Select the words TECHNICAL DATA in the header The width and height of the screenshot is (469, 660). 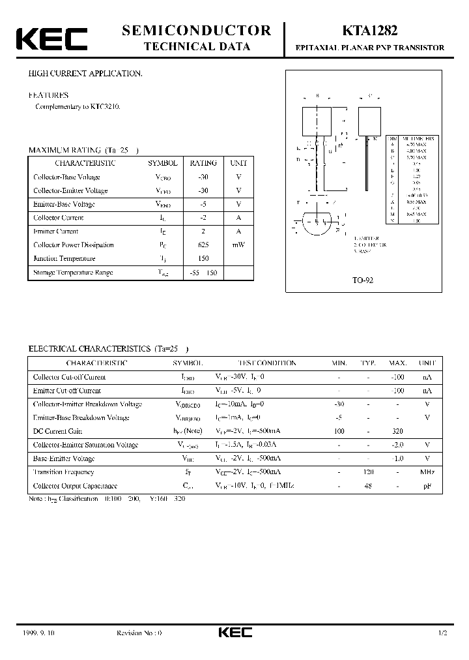(x=196, y=46)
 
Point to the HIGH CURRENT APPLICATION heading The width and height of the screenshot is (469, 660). (x=85, y=74)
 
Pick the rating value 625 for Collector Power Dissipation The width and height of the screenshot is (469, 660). (x=203, y=245)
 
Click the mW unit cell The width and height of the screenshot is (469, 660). (x=238, y=245)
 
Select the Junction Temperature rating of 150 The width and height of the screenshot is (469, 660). (x=203, y=258)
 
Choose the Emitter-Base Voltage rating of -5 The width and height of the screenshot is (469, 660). (x=203, y=204)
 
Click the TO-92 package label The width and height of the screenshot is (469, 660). (x=363, y=280)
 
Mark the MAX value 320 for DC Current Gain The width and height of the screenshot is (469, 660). (x=397, y=431)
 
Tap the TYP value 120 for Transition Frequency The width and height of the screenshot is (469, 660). (x=368, y=472)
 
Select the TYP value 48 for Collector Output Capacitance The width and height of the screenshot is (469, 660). (x=368, y=485)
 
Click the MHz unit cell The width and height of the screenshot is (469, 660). (x=427, y=472)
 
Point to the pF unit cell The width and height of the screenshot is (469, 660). (x=427, y=485)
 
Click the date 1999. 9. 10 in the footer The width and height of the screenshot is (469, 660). (x=35, y=633)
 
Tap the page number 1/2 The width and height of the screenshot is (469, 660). (x=443, y=633)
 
